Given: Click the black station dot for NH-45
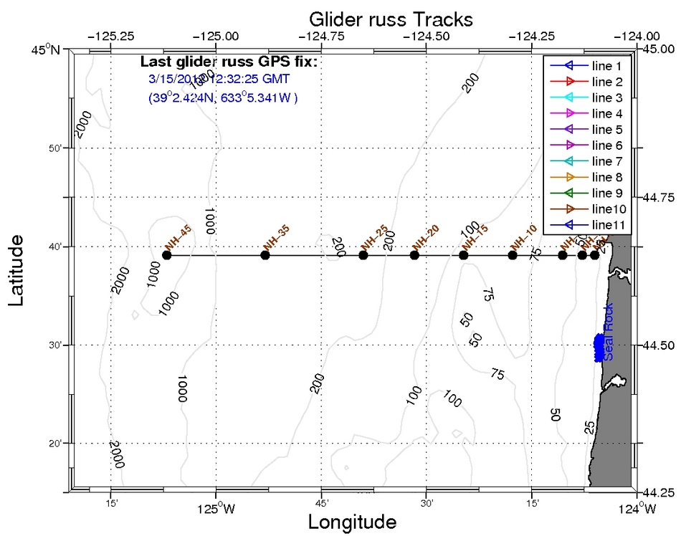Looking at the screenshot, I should click(x=167, y=255).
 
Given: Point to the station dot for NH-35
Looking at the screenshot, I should click(x=265, y=255).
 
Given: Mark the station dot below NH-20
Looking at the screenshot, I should click(x=414, y=255).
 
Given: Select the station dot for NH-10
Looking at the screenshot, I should click(x=513, y=255).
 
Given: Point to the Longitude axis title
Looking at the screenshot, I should click(x=352, y=522).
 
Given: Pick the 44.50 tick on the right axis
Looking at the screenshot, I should click(x=658, y=345).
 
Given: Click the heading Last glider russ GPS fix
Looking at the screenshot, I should click(x=229, y=62).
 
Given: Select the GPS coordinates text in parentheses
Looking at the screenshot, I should click(x=223, y=96).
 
